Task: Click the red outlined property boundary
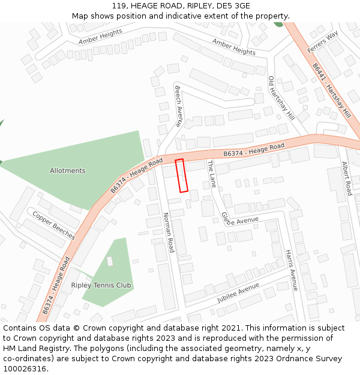[181, 175]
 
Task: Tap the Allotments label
[67, 171]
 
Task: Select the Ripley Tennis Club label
[101, 286]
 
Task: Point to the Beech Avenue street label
[178, 106]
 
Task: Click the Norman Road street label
[169, 232]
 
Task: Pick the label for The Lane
[211, 174]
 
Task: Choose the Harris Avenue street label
[291, 270]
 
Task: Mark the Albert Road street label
[346, 178]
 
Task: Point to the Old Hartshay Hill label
[281, 97]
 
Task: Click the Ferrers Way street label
[323, 41]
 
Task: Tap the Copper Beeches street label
[53, 226]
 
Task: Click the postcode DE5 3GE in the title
[233, 6]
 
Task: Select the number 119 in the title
[119, 6]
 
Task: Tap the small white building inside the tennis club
[110, 261]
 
